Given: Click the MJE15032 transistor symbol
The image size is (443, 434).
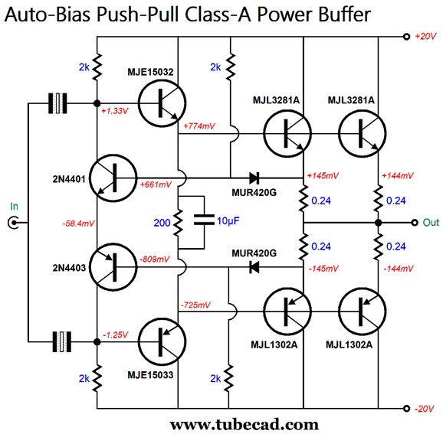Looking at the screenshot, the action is point(162,103).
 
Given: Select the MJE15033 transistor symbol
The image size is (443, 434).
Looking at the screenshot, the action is point(162,341).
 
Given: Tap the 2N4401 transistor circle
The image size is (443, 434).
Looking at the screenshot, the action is point(113,178).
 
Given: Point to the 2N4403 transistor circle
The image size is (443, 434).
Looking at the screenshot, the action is point(113,267).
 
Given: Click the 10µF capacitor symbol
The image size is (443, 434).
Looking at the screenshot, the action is point(204,220).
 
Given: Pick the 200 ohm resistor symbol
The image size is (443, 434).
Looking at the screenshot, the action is point(178,223).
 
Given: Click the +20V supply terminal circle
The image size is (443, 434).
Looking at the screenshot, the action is point(406,37).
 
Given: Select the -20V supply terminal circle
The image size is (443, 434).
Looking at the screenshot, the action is point(406,408).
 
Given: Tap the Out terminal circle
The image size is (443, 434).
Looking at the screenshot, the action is point(415,223).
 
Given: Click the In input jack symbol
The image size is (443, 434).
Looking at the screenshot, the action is point(13,223).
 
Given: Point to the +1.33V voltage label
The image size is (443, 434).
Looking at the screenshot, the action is point(115,111).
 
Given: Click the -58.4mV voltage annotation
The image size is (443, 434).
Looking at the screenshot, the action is point(78,224).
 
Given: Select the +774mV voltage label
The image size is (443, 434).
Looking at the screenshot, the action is point(199,126).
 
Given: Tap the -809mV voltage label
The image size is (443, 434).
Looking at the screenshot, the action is point(155,259).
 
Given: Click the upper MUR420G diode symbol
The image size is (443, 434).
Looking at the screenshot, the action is point(254,178).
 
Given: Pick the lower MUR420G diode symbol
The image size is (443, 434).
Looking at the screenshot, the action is point(254,267).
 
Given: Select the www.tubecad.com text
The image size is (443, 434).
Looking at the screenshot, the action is point(244,424).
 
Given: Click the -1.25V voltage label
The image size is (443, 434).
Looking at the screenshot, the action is point(115,335).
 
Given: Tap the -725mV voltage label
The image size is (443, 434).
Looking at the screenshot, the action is point(195,305).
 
